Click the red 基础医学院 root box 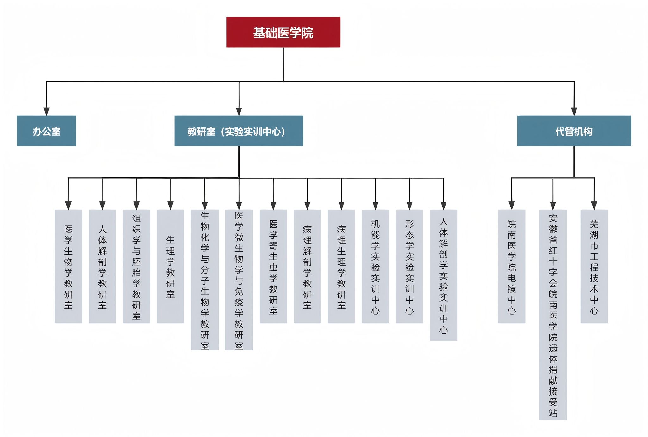283,32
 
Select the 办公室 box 47,131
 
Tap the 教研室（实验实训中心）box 239,131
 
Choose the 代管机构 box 574,131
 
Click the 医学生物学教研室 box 68,266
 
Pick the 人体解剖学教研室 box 102,266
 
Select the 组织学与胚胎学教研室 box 136,266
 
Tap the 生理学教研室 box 171,266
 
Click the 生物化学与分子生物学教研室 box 205,280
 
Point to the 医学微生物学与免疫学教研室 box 239,280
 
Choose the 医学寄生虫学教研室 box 273,266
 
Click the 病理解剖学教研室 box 307,266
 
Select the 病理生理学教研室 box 341,266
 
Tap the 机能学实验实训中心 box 375,266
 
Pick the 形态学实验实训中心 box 409,266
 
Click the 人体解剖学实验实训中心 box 444,275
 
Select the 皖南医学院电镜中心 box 512,266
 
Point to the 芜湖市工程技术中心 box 594,266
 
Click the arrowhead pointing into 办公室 47,111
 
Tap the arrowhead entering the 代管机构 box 574,111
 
